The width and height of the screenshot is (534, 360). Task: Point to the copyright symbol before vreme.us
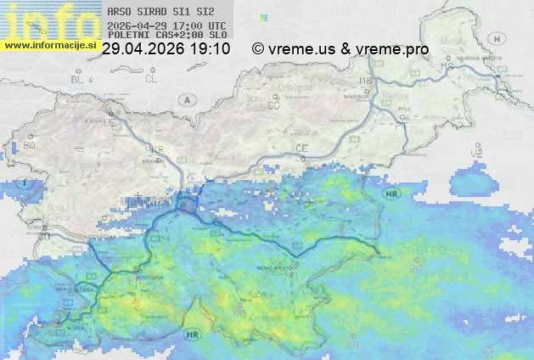pyautogui.click(x=258, y=49)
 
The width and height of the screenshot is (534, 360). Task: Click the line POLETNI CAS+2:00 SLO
pyautogui.click(x=167, y=36)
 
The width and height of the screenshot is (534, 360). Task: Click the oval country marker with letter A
pyautogui.click(x=185, y=99)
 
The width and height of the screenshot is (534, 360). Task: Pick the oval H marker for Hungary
pyautogui.click(x=502, y=38)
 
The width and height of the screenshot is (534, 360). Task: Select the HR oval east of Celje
pyautogui.click(x=391, y=194)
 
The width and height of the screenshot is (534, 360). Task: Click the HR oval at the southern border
pyautogui.click(x=192, y=334)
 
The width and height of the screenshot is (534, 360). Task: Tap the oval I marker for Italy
pyautogui.click(x=27, y=183)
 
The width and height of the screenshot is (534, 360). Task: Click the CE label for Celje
pyautogui.click(x=301, y=149)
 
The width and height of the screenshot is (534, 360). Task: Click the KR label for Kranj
pyautogui.click(x=157, y=149)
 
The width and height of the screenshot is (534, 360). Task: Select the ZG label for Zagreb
pyautogui.click(x=416, y=268)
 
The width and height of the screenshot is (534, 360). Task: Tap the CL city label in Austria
pyautogui.click(x=152, y=78)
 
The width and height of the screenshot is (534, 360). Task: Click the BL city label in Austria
pyautogui.click(x=79, y=78)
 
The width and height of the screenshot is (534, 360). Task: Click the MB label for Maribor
pyautogui.click(x=367, y=81)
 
